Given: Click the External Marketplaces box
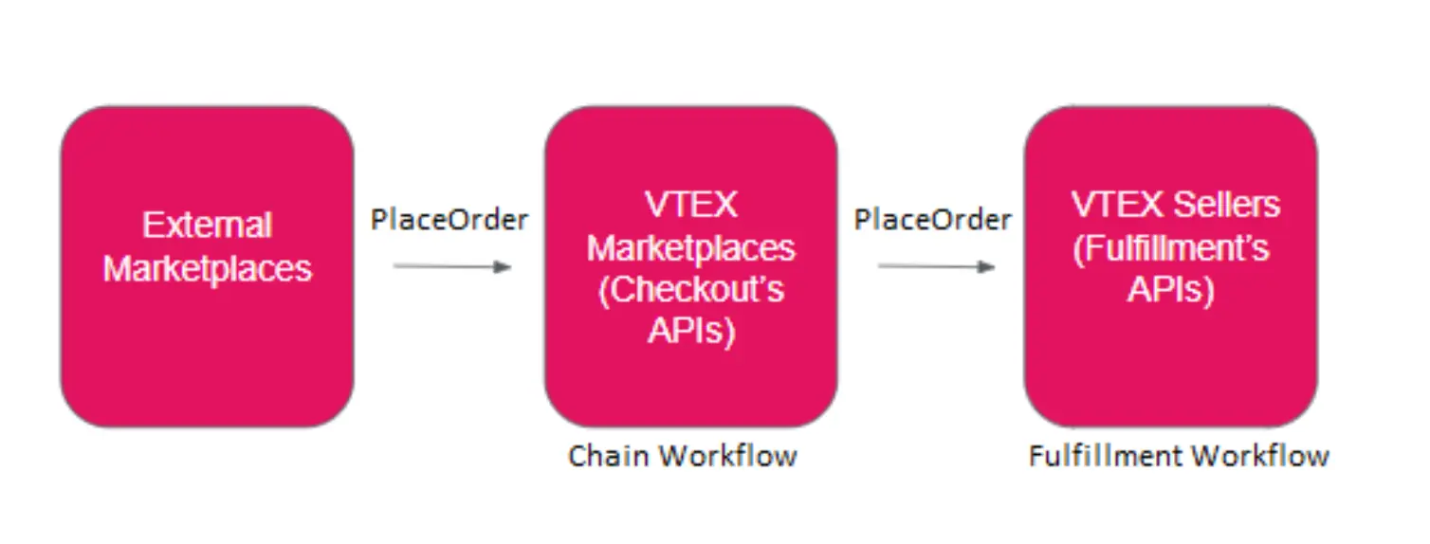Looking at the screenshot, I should pos(207,266).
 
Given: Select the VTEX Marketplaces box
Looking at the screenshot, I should pos(690,266).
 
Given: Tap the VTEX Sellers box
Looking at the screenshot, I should pos(1170,266).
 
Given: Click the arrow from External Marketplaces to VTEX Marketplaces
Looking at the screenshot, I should pos(451,267).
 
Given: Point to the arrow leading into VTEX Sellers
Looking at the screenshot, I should pos(936,267).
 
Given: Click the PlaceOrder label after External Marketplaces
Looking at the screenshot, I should pos(449,220).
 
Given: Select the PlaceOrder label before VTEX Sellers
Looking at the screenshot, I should pos(932,220).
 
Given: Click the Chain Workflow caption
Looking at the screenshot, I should pos(682,456).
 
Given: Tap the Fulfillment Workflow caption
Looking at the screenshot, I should pos(1179,456).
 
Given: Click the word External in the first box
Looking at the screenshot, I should pos(207,226).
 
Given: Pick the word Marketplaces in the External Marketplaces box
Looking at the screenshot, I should pos(207,269).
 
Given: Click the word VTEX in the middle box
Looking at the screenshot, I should pos(690,205).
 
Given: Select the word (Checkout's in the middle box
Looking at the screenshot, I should pos(690,289).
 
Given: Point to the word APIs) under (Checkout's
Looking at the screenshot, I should pos(690,331).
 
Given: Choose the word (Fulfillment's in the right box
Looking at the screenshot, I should pos(1170,248).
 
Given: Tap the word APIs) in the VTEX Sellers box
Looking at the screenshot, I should pos(1170,290).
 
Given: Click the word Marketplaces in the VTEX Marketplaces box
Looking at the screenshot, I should pos(690,247).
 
